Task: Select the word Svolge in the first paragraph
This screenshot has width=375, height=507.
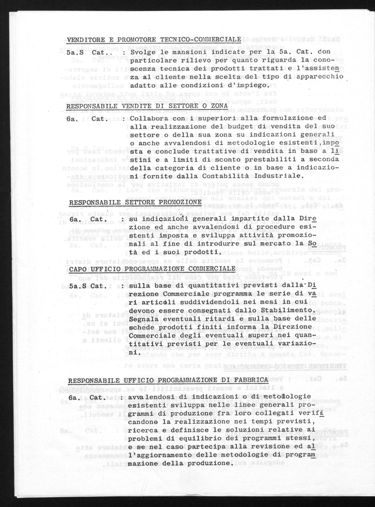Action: pyautogui.click(x=144, y=52)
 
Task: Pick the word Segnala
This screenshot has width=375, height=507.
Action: pyautogui.click(x=140, y=319)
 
